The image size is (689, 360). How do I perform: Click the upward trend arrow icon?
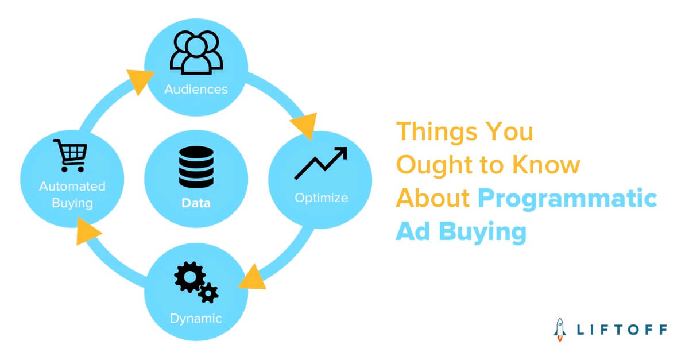tap(321, 163)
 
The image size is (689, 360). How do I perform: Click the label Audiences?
tap(196, 90)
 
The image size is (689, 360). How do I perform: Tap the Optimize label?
tap(321, 198)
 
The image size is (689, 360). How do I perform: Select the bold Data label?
tap(196, 203)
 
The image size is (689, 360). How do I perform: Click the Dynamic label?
tap(196, 318)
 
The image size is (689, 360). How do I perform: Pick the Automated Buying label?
tap(72, 193)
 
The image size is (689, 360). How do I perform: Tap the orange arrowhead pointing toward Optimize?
tap(304, 126)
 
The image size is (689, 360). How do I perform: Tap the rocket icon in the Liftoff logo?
tap(559, 330)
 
